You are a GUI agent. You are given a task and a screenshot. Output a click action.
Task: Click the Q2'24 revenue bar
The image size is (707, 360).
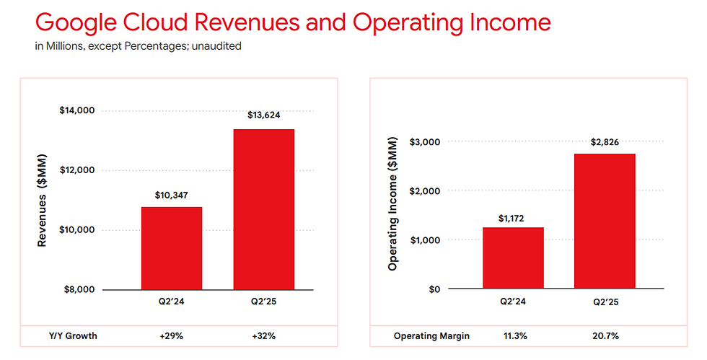172,248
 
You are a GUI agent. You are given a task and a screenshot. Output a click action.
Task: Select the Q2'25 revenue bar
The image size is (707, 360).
264,209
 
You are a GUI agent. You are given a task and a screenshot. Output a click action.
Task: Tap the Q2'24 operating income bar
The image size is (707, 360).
513,258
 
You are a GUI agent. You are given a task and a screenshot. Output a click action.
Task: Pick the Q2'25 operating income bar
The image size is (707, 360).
605,221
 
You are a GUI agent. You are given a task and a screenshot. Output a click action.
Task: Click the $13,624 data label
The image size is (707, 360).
264,115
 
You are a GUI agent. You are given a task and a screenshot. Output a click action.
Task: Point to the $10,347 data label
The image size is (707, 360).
172,196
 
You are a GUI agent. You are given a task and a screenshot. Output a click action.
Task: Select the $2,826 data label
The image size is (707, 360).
605,143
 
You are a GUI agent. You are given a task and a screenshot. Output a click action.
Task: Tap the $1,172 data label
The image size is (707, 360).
511,219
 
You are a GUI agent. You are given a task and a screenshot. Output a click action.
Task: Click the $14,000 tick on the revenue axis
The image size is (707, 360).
77,110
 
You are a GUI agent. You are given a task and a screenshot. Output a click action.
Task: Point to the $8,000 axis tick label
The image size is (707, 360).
79,289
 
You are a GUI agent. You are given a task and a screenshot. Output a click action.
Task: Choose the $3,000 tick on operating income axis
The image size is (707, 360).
425,142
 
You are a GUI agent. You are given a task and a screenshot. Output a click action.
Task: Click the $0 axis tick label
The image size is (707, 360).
434,289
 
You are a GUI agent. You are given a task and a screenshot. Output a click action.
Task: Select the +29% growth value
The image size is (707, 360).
172,336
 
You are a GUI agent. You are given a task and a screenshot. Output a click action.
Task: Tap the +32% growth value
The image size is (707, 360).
264,336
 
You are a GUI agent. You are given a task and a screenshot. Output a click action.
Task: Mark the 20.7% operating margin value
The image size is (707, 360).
605,336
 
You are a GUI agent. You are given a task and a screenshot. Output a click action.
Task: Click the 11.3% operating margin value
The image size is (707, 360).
515,336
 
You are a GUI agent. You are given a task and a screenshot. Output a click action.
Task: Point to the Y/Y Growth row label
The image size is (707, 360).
73,336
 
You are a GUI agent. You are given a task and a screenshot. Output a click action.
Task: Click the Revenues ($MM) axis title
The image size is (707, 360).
42,201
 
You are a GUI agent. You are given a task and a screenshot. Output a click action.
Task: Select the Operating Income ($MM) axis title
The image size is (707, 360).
392,204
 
